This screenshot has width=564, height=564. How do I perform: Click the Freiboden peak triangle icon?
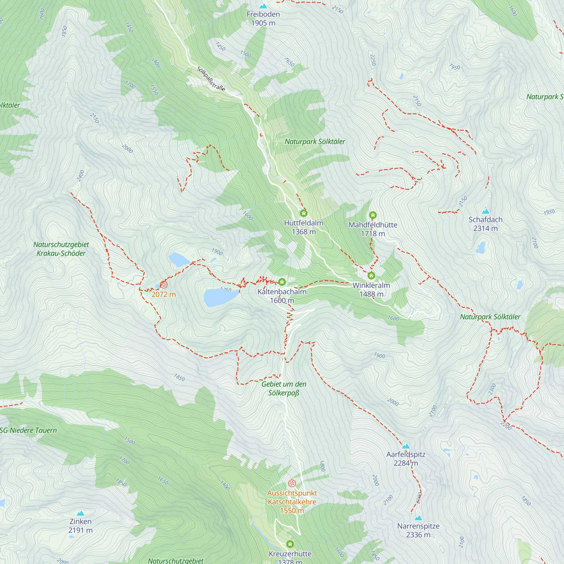263,6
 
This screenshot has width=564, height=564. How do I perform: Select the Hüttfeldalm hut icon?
304,213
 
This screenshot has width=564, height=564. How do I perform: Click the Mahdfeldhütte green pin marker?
373,215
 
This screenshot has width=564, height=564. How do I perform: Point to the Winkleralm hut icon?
371,275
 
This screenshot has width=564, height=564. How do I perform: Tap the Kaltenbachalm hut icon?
282,282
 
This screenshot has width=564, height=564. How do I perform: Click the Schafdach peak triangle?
486,211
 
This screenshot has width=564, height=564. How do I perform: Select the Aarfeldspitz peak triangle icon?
406,446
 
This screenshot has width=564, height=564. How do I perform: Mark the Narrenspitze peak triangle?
418,518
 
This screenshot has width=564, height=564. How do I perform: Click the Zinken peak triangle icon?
80,513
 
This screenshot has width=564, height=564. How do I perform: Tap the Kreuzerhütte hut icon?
290,544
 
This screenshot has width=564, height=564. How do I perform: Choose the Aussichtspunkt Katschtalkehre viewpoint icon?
292,483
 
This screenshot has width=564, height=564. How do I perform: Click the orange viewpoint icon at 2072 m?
164,285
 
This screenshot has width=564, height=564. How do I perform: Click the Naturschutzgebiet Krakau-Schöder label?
61,249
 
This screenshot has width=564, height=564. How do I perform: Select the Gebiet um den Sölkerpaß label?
284,388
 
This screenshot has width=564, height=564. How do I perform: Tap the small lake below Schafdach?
481,248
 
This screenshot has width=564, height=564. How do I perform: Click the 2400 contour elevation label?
81,176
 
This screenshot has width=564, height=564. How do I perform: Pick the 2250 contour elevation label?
373,60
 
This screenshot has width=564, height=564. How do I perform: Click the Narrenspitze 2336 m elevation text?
418,535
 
